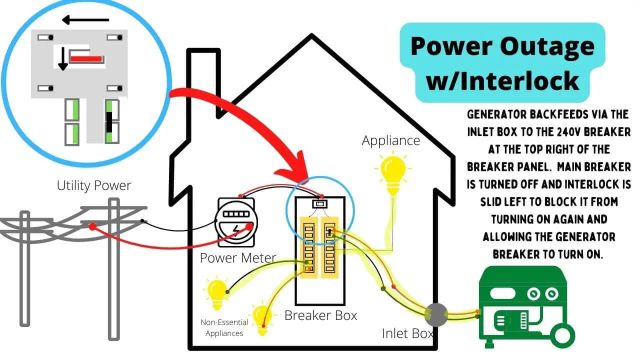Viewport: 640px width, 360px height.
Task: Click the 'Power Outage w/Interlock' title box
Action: [502, 62]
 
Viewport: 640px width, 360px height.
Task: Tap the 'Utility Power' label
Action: [94, 186]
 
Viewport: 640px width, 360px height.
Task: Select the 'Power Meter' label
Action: [238, 258]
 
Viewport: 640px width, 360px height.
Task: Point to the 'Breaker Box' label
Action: [320, 315]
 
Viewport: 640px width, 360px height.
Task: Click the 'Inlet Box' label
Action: [408, 333]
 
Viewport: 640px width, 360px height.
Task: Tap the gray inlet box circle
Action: [435, 314]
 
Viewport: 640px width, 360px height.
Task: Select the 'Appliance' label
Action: [391, 140]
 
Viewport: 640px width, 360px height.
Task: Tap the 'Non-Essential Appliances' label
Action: [224, 328]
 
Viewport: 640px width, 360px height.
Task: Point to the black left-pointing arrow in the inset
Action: [85, 20]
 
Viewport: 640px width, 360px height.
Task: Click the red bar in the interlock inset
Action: [86, 59]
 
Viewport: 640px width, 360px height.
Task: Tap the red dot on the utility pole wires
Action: [92, 226]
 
